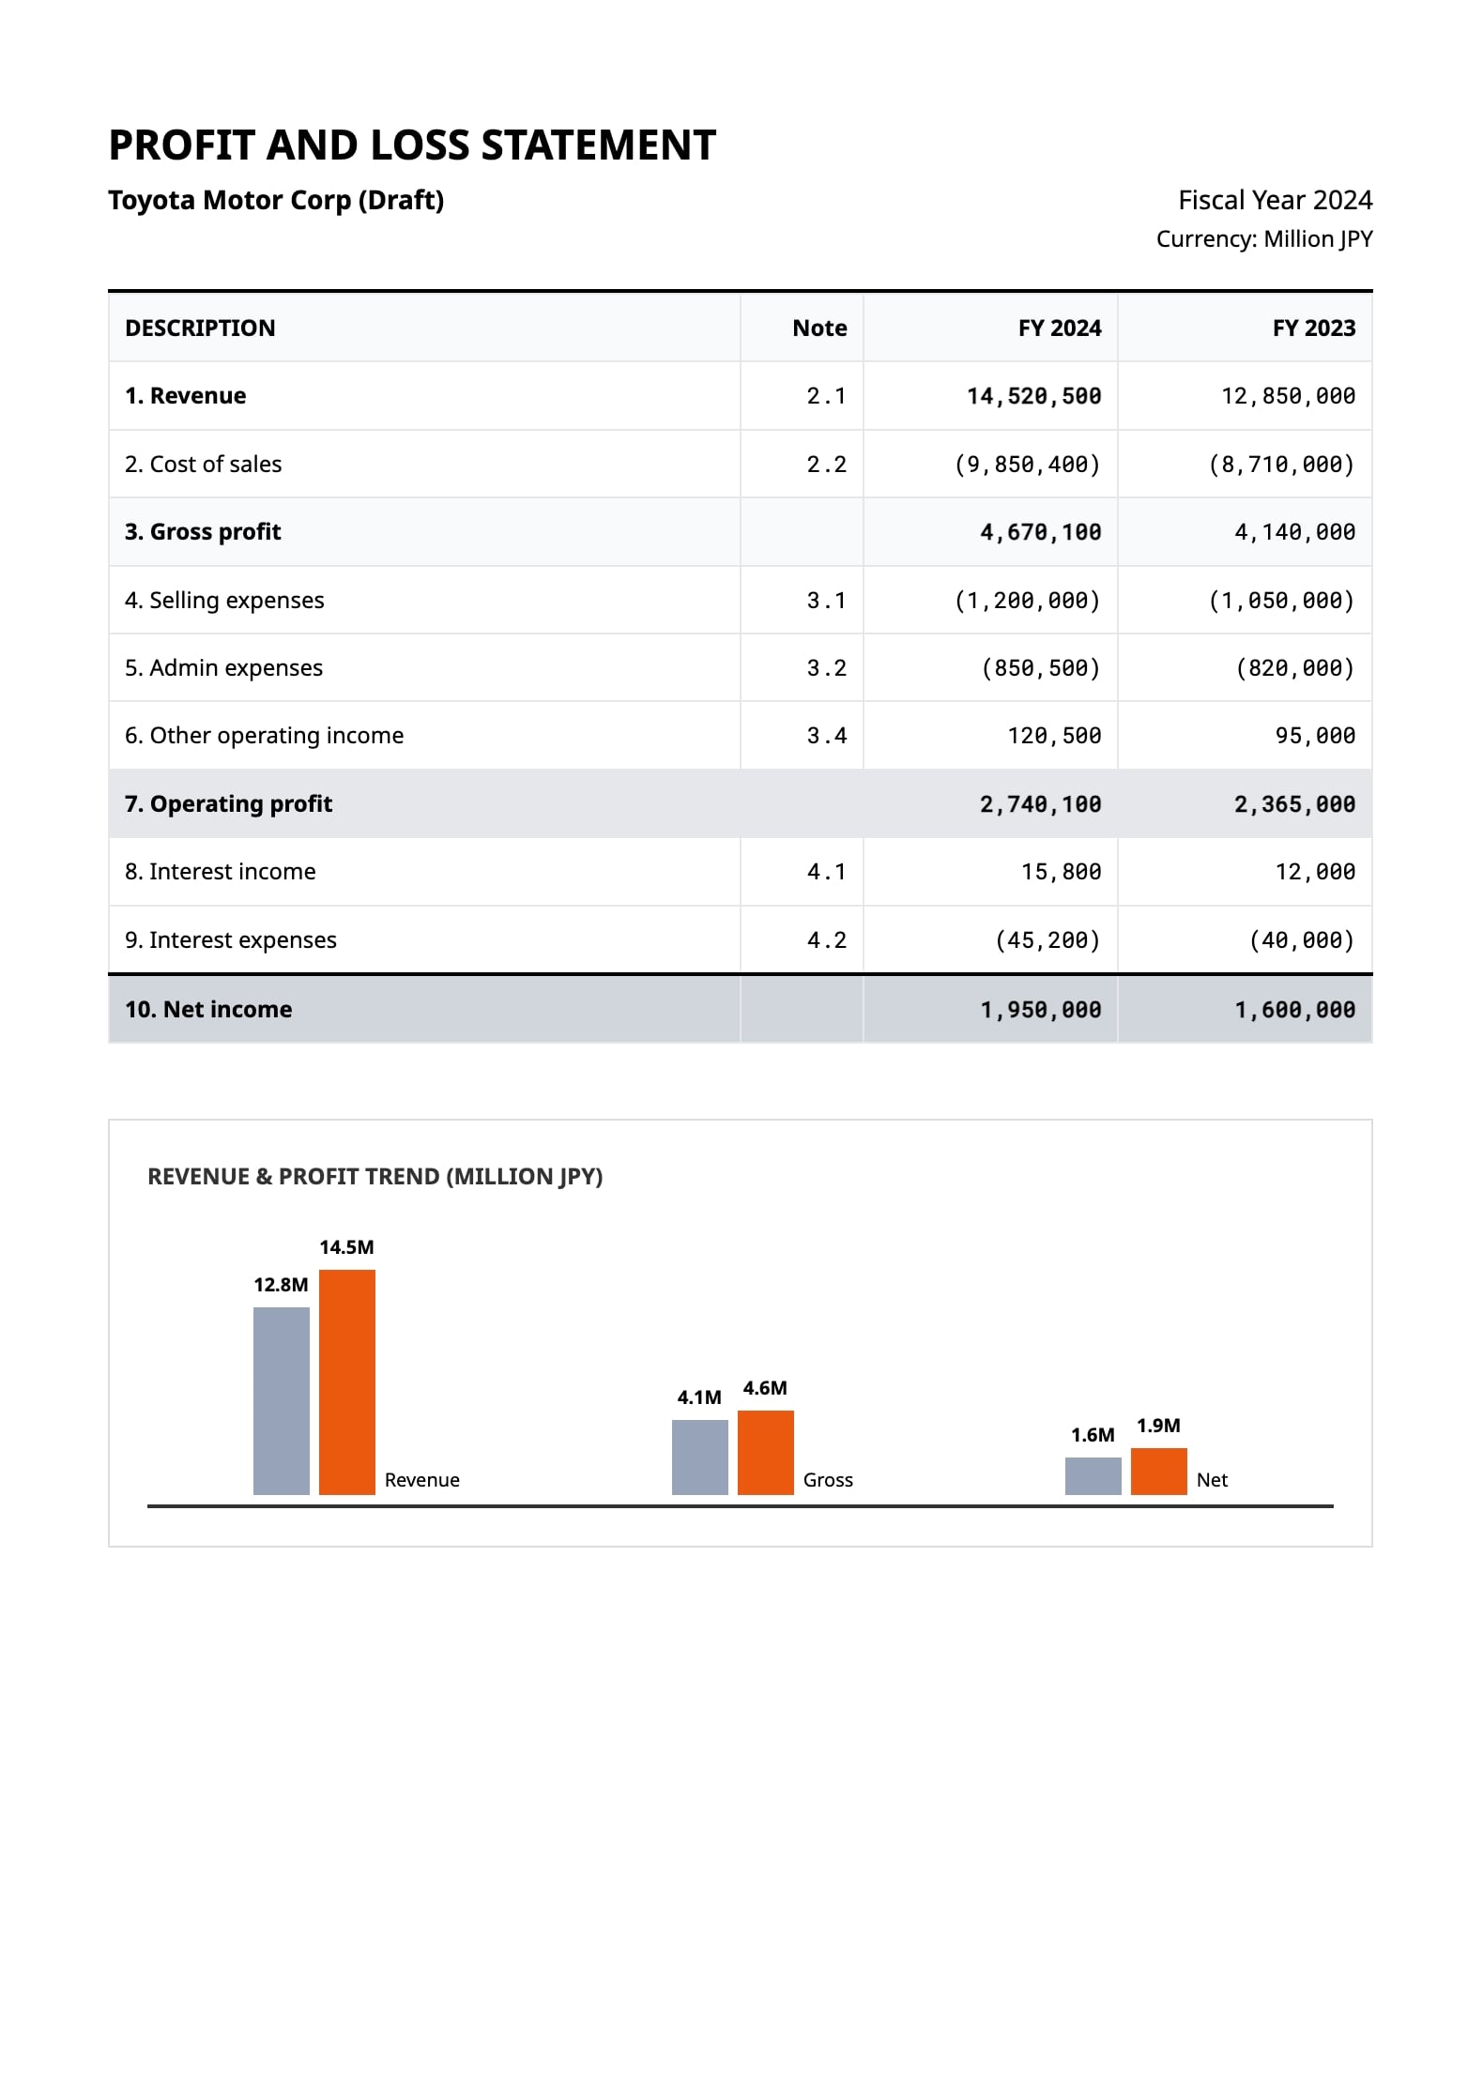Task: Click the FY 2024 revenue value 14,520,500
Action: (1033, 396)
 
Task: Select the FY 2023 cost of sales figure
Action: (1281, 465)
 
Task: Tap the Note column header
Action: (819, 328)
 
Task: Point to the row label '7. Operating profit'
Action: (228, 803)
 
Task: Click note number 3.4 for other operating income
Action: (826, 736)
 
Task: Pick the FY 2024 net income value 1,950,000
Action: (1041, 1010)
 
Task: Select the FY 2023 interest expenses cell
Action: (1302, 940)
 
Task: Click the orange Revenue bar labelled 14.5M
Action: (347, 1381)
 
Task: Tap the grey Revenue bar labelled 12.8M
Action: (282, 1400)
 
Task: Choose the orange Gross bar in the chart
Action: (766, 1452)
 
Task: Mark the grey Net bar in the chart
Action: (1093, 1475)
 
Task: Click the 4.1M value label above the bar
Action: (699, 1397)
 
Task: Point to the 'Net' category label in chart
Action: (1212, 1480)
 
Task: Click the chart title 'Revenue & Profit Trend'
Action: (375, 1177)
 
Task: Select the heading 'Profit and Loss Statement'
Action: (412, 145)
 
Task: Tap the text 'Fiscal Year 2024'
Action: (1275, 200)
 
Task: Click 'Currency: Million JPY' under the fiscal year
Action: (1264, 239)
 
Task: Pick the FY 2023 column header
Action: (1314, 328)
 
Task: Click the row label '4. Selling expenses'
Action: (224, 601)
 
